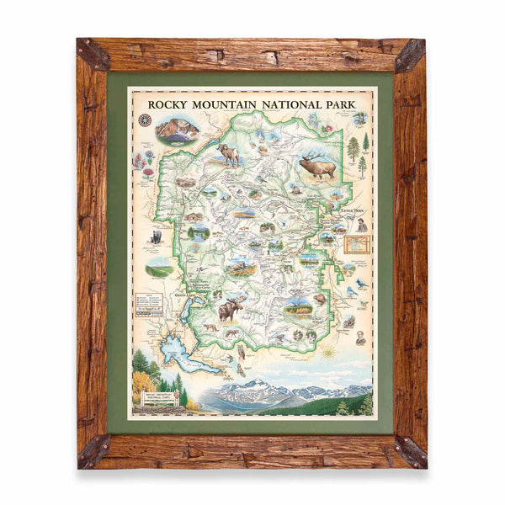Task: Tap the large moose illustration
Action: (x=229, y=309)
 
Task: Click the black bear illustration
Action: (x=155, y=237)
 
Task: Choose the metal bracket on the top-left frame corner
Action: (x=93, y=54)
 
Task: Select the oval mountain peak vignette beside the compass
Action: (x=178, y=128)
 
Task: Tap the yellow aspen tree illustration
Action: (x=142, y=384)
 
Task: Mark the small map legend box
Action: (x=147, y=302)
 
